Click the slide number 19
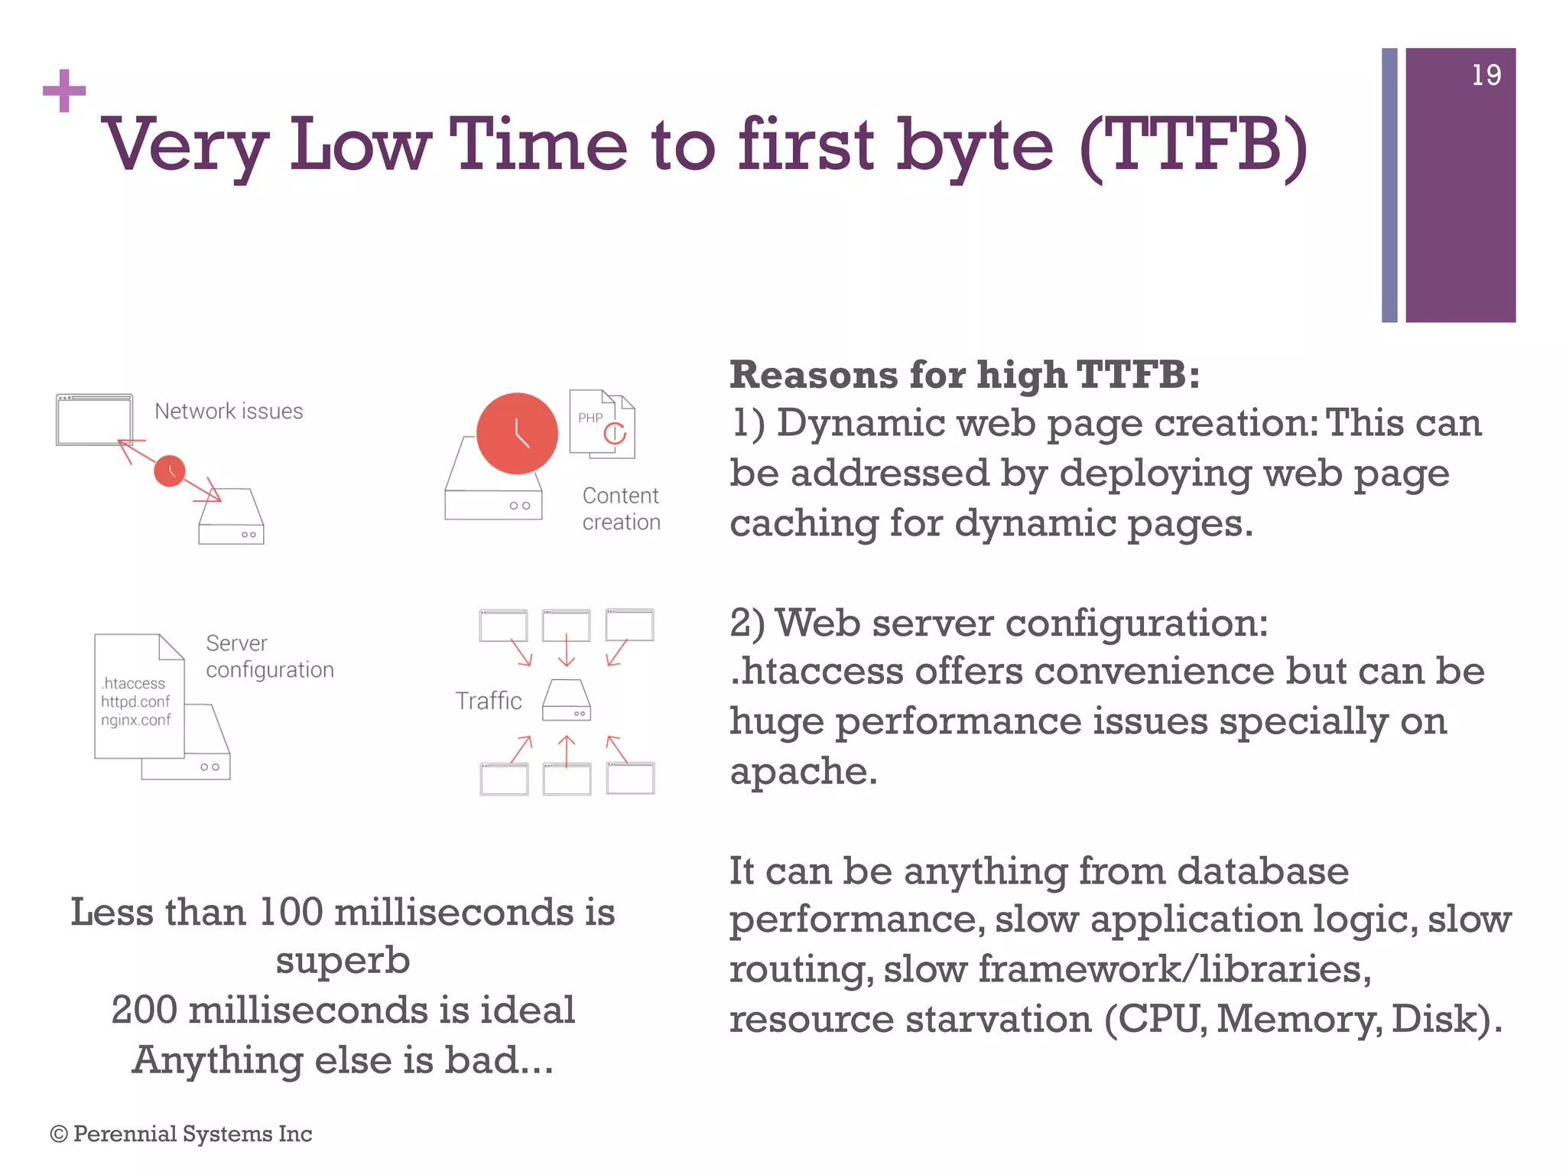click(1486, 75)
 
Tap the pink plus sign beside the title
click(64, 91)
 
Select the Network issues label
click(229, 412)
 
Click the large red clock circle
click(517, 434)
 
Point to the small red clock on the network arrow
click(170, 471)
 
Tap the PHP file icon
click(601, 424)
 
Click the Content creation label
click(621, 509)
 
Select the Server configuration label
click(269, 656)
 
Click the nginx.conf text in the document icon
click(136, 721)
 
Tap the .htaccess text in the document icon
click(133, 683)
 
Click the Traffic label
click(489, 701)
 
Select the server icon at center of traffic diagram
click(567, 700)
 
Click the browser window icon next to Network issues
click(95, 420)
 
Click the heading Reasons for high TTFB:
click(964, 376)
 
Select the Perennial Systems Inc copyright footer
click(181, 1134)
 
